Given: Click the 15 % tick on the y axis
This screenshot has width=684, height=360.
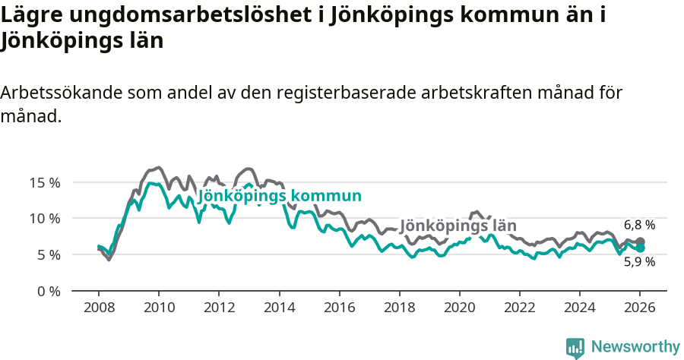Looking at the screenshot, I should pos(45,182).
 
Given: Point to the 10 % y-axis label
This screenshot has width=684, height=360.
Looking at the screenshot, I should pos(45,218).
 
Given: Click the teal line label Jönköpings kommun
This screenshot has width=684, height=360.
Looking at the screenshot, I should pos(279,196).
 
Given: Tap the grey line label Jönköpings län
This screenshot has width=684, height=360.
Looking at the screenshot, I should pos(458,226).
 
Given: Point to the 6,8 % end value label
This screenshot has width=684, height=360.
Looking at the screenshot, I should pos(639,225).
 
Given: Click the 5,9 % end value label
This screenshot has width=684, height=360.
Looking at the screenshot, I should pos(639,262).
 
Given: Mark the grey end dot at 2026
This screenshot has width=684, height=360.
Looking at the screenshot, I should pos(640,242).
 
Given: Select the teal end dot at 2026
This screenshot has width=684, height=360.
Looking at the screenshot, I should pos(640,248).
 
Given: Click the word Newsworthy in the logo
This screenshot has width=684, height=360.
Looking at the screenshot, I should pos(635,347).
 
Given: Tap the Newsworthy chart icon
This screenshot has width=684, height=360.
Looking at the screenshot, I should pos(575,347).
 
